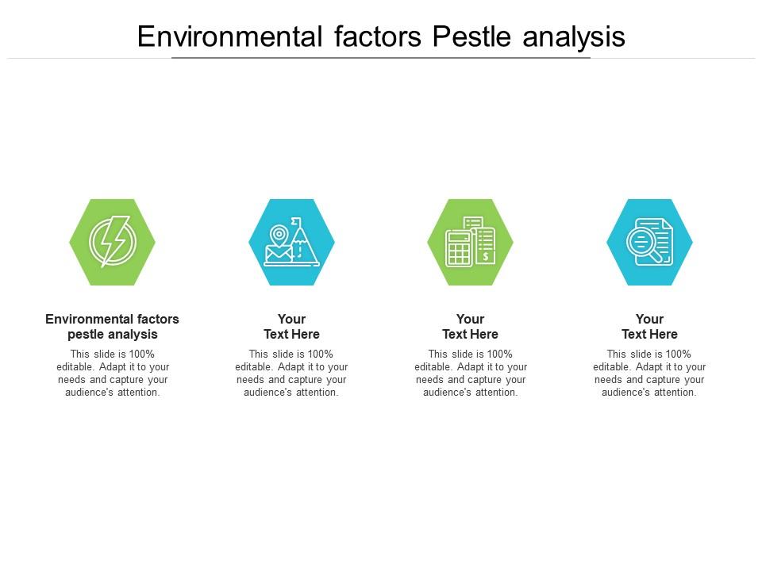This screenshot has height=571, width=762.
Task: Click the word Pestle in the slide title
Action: [471, 36]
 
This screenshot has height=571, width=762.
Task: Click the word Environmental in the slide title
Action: [230, 36]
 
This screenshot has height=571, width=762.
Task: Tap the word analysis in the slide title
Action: [574, 38]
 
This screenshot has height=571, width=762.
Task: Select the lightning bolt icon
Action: [113, 241]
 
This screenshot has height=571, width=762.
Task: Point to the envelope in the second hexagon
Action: [279, 254]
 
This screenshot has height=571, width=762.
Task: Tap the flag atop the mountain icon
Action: [295, 222]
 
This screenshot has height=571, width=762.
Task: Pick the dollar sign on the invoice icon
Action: [486, 256]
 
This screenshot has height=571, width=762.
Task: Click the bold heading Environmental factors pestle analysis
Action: [112, 326]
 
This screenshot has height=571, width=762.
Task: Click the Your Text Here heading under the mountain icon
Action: [291, 326]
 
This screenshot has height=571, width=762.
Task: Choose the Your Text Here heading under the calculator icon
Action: [471, 326]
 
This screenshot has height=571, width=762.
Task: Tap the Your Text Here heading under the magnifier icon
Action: [649, 326]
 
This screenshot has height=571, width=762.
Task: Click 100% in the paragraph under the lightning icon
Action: [141, 354]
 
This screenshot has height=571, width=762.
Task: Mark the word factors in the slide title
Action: [378, 36]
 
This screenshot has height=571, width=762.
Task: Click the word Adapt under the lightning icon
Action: [113, 367]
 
